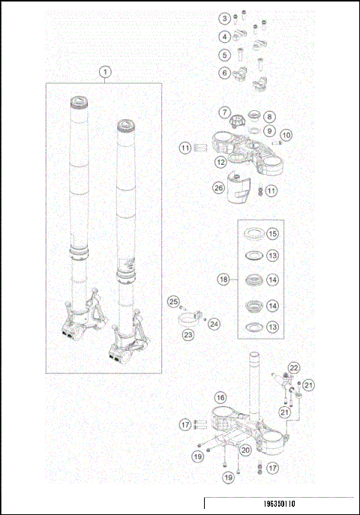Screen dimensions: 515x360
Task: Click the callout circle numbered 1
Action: point(106,72)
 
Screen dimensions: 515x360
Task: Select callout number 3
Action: point(224,19)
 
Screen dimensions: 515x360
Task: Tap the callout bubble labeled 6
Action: point(224,73)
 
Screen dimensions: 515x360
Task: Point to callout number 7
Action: point(224,112)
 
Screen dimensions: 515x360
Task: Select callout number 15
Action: point(272,234)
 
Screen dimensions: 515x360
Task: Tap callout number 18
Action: point(223,279)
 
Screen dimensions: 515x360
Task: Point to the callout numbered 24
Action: point(214,323)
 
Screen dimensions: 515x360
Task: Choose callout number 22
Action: point(295,367)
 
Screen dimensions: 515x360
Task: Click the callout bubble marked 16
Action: point(220,397)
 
